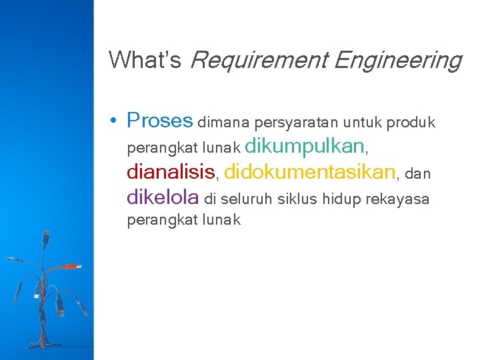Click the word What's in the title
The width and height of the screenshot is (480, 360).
(145, 61)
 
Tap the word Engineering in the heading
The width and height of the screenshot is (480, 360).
(397, 61)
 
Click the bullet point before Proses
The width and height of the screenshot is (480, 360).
(115, 121)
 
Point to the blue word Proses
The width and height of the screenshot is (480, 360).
(159, 121)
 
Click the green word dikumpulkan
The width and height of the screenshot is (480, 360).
(305, 146)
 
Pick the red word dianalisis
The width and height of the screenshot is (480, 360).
(171, 173)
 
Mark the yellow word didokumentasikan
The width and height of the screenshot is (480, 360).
(310, 173)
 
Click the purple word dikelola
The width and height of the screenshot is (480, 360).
(163, 197)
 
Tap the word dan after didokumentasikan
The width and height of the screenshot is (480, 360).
(418, 174)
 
